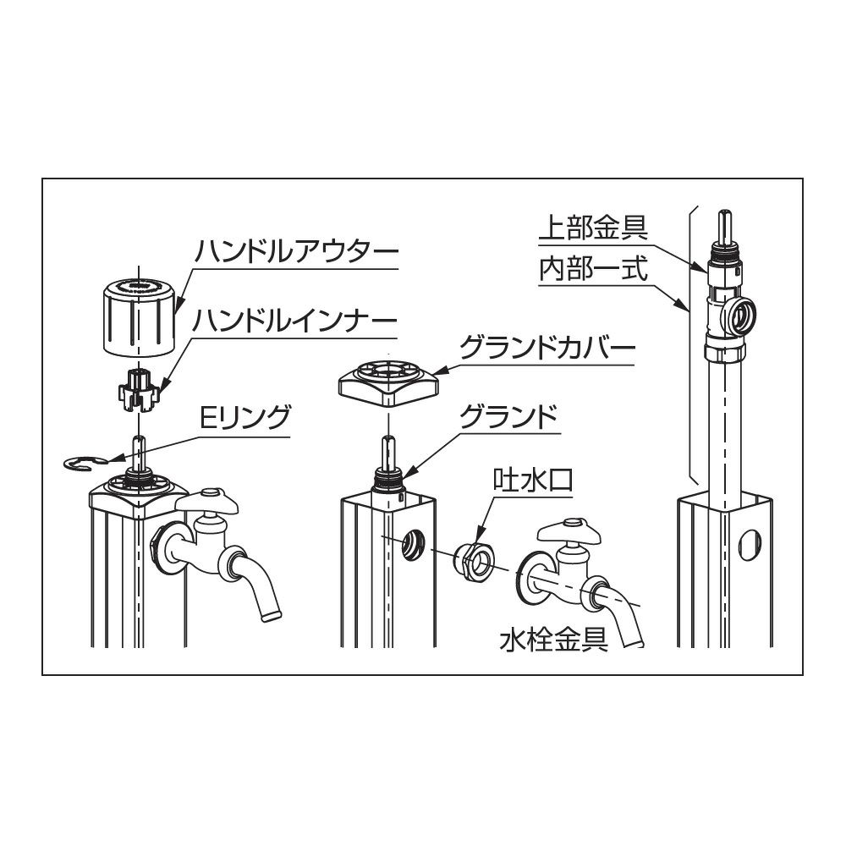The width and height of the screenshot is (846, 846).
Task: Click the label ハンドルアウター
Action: click(x=296, y=251)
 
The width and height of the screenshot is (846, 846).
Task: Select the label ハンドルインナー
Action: click(x=295, y=321)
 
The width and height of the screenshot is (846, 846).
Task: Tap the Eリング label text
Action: click(x=245, y=416)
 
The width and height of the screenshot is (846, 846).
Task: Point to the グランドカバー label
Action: click(x=547, y=349)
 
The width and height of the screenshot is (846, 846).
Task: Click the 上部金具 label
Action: click(x=594, y=227)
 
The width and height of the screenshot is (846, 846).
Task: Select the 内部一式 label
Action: click(x=594, y=269)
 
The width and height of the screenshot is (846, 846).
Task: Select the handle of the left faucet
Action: click(x=209, y=502)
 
